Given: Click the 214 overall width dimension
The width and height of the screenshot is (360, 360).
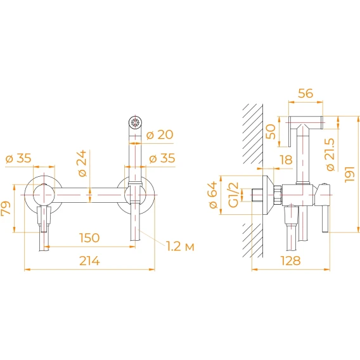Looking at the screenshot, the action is click(x=89, y=261).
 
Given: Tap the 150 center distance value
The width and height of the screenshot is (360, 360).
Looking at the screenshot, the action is click(x=89, y=238).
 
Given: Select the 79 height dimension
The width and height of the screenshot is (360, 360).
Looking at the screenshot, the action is click(x=6, y=208).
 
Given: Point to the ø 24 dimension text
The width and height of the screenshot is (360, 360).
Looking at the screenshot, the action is click(x=82, y=164).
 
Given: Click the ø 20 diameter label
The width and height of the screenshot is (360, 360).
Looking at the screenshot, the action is click(x=160, y=134).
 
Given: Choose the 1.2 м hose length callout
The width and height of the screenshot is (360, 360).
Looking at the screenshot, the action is click(x=180, y=247).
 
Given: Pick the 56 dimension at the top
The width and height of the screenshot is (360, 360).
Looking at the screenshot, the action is click(x=305, y=93).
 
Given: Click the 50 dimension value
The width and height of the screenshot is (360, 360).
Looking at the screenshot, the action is click(x=271, y=132).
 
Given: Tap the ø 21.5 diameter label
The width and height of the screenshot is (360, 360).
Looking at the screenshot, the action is click(x=331, y=154).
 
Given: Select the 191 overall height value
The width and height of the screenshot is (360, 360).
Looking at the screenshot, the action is click(x=350, y=174).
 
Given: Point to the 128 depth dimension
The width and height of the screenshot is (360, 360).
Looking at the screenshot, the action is click(x=291, y=260).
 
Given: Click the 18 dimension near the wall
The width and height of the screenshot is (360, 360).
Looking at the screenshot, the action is click(x=286, y=160).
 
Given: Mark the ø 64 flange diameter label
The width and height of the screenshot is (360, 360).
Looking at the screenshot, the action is click(x=214, y=195).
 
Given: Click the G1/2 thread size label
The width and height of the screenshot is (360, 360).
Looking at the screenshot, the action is click(x=234, y=195).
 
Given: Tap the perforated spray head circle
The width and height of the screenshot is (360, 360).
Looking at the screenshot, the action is click(x=135, y=122).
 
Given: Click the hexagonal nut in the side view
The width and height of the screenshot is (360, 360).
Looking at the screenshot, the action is click(x=278, y=195).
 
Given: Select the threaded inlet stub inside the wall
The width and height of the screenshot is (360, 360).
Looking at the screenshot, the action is click(x=257, y=195).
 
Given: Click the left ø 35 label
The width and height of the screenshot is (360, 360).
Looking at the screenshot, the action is click(x=18, y=158).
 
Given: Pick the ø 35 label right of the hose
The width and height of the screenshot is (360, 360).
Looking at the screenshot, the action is click(x=162, y=158).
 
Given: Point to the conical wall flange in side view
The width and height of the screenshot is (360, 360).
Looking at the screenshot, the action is click(x=267, y=195).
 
